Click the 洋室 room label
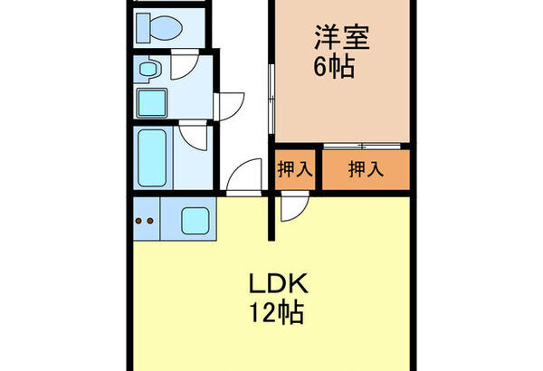click(341, 37)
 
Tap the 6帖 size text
click(334, 66)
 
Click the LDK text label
click(279, 284)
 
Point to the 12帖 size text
click(277, 313)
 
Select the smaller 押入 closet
click(295, 170)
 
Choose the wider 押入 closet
click(366, 170)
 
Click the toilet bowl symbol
click(159, 28)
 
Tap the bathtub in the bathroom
click(152, 158)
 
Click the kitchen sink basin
click(195, 221)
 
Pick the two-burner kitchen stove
click(146, 219)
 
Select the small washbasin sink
click(149, 69)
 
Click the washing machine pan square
click(152, 103)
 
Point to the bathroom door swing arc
click(193, 136)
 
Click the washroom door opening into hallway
click(229, 107)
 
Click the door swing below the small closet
click(294, 205)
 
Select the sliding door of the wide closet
click(362, 147)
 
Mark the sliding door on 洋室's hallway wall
click(271, 99)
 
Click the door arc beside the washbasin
click(185, 64)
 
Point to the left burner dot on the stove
click(138, 221)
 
